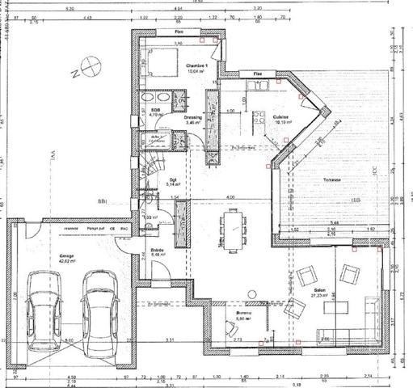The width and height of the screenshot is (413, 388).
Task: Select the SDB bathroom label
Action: (154, 111)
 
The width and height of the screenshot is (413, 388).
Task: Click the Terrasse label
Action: (331, 179)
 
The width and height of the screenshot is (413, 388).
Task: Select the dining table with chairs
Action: (234, 227)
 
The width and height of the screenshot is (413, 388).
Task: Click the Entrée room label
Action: (158, 252)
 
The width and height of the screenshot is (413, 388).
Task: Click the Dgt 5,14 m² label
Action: (172, 182)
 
